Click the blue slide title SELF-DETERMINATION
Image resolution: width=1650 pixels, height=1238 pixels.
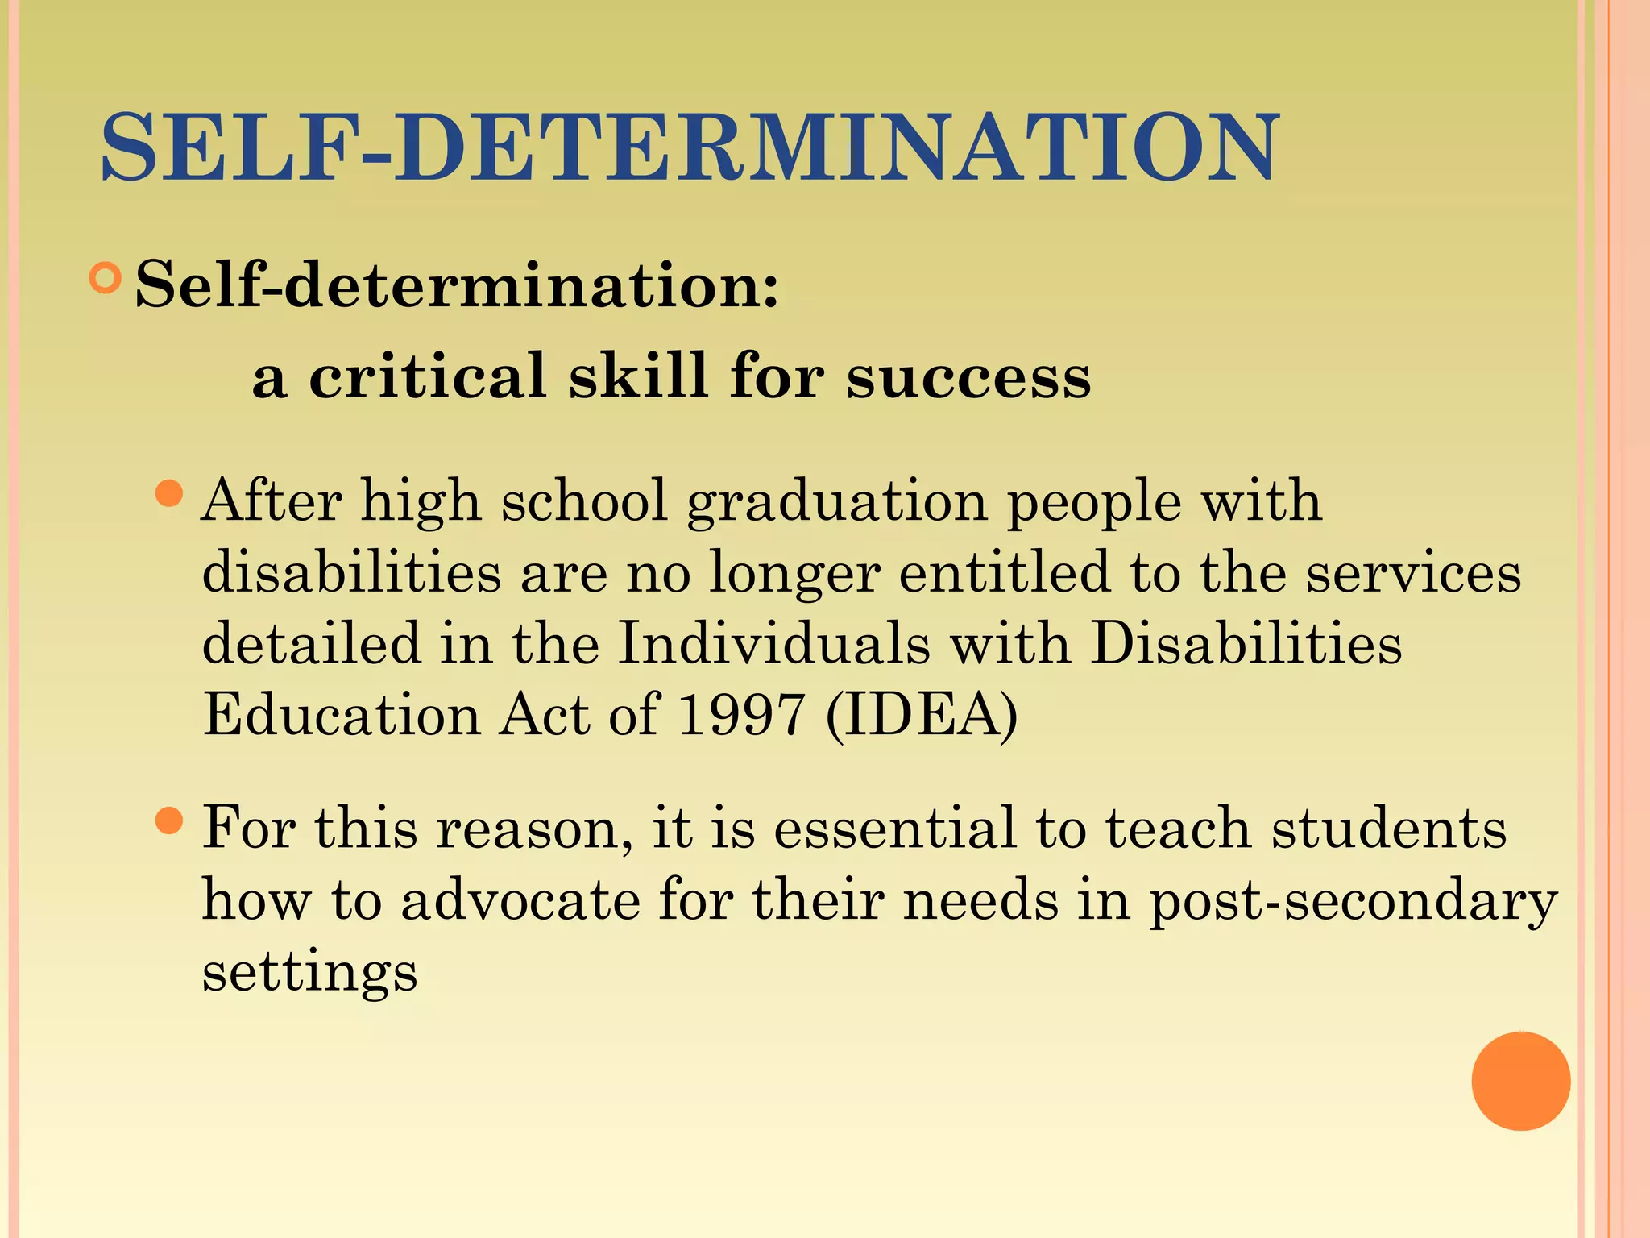click(689, 147)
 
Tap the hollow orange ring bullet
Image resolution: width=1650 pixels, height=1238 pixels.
click(105, 278)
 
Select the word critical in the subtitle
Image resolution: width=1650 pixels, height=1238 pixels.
click(428, 376)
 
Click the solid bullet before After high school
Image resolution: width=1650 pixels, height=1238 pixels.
click(168, 493)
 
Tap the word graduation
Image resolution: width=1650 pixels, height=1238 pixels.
click(837, 502)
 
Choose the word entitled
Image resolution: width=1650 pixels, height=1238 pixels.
click(1004, 572)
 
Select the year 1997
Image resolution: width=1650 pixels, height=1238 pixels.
click(741, 714)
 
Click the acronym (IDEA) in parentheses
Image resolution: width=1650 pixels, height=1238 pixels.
click(922, 716)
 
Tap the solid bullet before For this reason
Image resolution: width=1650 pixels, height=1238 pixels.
click(168, 821)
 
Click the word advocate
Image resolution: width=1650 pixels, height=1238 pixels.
click(520, 899)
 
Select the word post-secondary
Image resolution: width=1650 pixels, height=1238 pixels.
click(1353, 901)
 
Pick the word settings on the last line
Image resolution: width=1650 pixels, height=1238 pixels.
click(310, 972)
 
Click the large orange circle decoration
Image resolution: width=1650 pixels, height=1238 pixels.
click(1520, 1081)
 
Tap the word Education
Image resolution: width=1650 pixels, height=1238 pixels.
click(342, 714)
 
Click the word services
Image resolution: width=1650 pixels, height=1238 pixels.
click(1413, 572)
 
